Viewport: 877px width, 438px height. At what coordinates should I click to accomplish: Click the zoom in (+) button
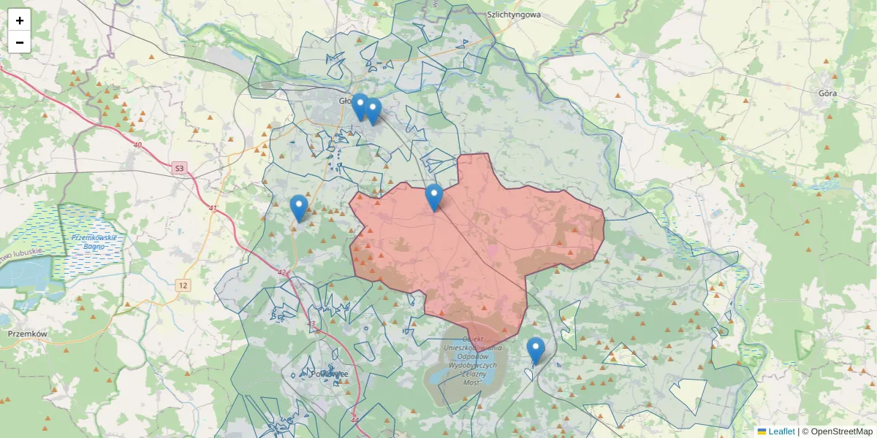point(20,20)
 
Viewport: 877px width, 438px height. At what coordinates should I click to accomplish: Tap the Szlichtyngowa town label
point(513,14)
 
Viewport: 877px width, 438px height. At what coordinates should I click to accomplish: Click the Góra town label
point(827,93)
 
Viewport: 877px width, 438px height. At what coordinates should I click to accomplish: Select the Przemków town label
point(27,333)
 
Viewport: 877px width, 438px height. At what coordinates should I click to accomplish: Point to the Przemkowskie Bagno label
point(95,242)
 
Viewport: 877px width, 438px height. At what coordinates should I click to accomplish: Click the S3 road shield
point(180,169)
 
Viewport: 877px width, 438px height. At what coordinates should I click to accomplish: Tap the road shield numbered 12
point(183,285)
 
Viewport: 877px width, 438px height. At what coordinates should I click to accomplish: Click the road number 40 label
point(137,145)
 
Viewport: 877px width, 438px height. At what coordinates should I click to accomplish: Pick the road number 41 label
point(213,209)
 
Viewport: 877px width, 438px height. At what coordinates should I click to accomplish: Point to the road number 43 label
point(311,324)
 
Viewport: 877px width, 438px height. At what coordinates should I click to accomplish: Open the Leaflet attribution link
point(781,431)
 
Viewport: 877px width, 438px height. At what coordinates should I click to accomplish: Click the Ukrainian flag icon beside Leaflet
point(762,431)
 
